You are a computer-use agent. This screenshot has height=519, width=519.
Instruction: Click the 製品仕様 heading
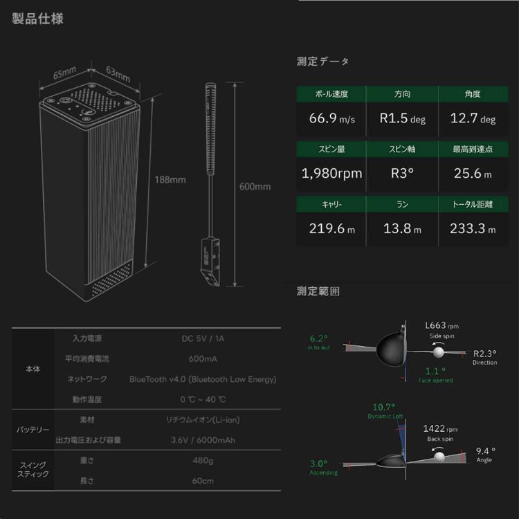(x=38, y=18)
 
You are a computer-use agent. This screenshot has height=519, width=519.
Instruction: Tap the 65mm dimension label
(x=64, y=72)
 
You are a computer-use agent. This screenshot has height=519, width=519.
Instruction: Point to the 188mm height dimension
(x=170, y=180)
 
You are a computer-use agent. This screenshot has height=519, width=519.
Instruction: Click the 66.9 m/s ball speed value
(x=331, y=118)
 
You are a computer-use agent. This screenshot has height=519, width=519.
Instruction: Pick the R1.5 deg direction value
(x=403, y=118)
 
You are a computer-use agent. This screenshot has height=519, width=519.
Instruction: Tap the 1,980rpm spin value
(x=331, y=173)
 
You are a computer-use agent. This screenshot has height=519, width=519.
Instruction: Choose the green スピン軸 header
(x=403, y=149)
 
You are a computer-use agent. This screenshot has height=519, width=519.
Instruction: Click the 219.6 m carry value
(x=331, y=228)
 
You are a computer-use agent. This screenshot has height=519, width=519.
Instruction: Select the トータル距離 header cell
(x=473, y=204)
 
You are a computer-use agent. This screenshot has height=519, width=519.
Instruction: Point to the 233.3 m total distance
(x=473, y=228)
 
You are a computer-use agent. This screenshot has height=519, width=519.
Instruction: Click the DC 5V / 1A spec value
(x=203, y=339)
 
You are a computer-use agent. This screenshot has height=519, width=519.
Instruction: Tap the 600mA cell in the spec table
(x=203, y=359)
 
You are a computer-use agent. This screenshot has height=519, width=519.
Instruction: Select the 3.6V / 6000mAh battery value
(x=203, y=439)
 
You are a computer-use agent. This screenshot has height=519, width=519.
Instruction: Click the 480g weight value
(x=203, y=460)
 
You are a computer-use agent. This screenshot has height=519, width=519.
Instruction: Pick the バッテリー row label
(x=33, y=430)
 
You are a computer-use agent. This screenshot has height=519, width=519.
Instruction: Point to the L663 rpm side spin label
(x=441, y=326)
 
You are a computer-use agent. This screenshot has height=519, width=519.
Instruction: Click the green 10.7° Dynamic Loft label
(x=383, y=407)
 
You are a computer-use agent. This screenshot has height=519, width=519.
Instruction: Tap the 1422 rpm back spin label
(x=440, y=429)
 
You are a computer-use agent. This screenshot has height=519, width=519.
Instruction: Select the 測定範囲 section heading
(x=318, y=291)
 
